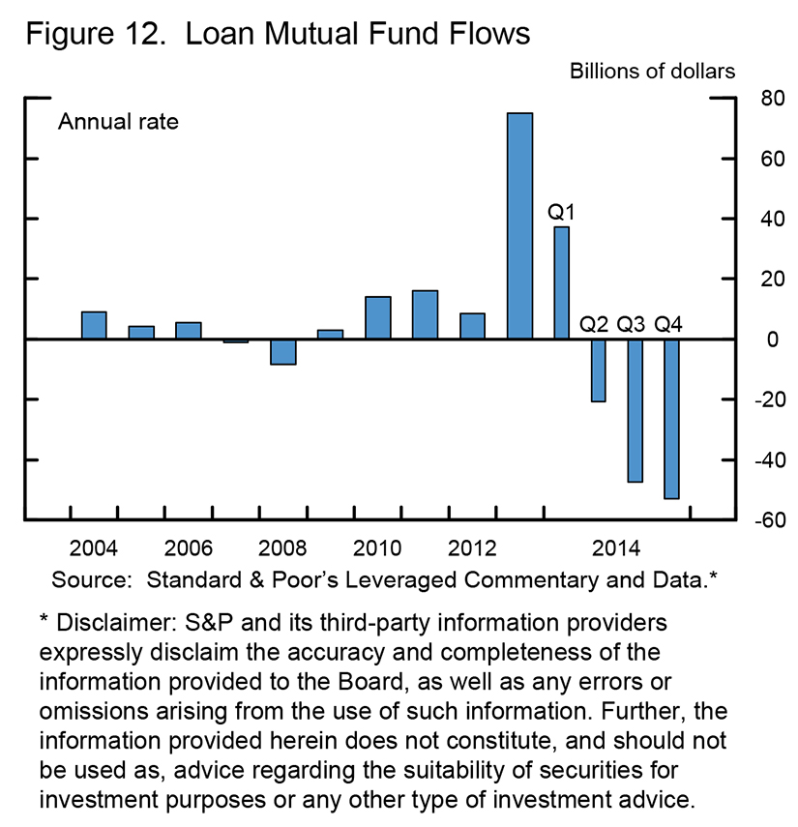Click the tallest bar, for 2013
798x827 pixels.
point(519,226)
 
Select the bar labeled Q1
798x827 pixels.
point(561,282)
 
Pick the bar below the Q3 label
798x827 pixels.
point(635,410)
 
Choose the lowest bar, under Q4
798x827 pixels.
point(671,419)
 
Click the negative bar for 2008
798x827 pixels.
point(283,351)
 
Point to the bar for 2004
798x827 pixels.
point(94,325)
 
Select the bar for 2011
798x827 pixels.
point(425,314)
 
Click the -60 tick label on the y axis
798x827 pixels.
point(740,520)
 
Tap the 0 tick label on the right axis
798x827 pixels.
point(744,340)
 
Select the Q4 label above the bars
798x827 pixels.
point(669,322)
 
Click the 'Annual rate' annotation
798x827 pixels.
point(119,123)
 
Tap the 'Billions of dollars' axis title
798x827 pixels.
point(652,71)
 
